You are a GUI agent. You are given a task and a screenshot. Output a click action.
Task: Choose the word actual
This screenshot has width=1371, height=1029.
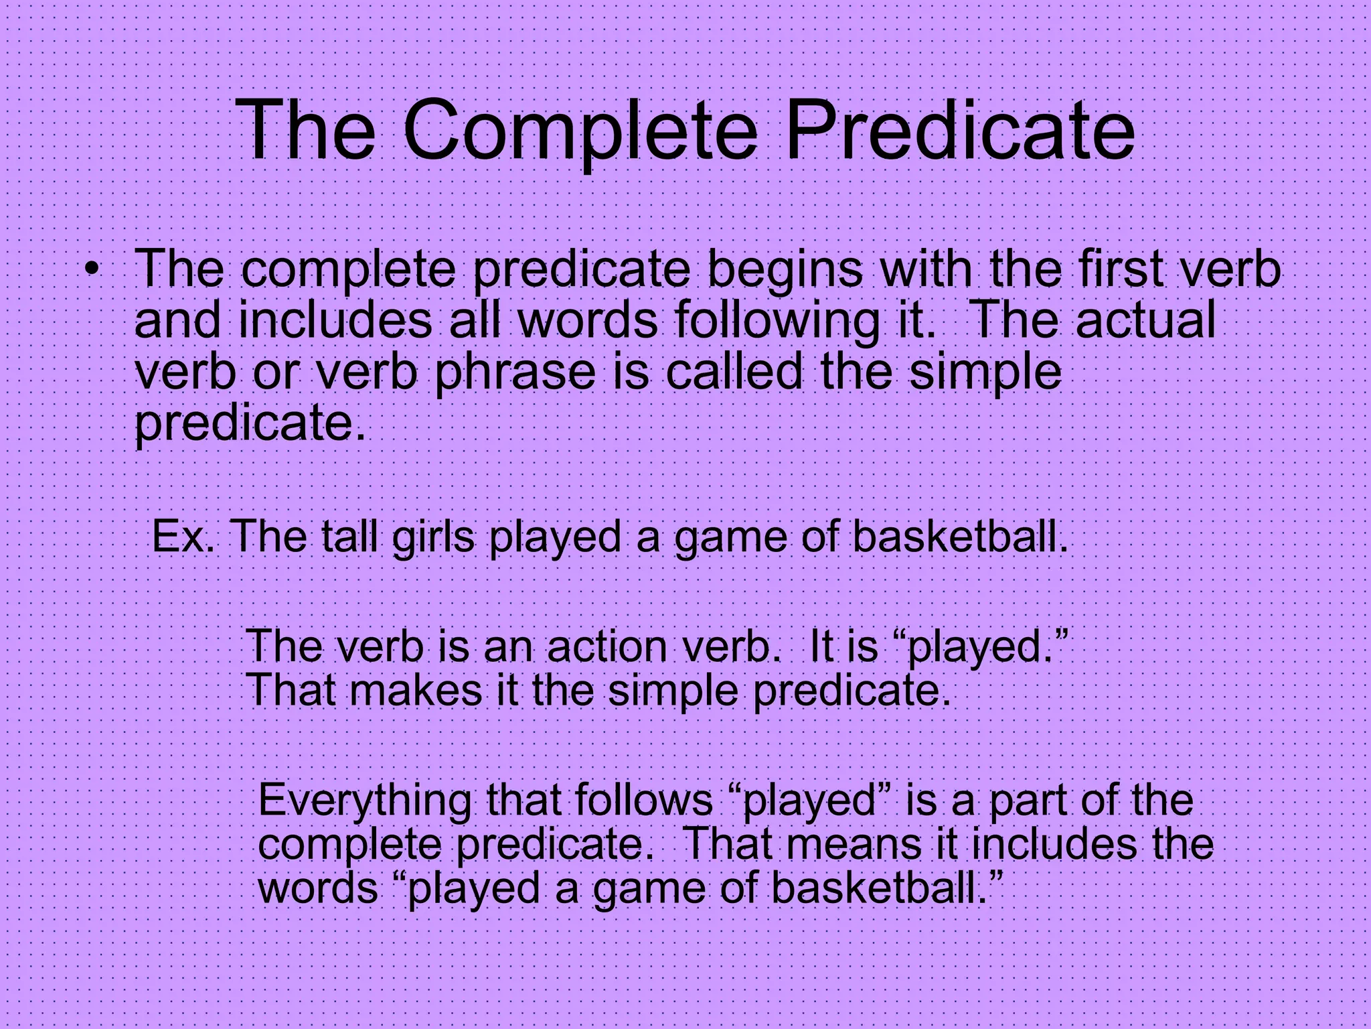(1145, 320)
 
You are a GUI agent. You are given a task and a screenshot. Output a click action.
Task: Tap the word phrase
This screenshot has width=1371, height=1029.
(515, 372)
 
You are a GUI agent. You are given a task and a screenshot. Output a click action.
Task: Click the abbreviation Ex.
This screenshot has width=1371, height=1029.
(183, 537)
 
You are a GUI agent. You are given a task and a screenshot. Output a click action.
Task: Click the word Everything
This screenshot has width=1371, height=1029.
(365, 801)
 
